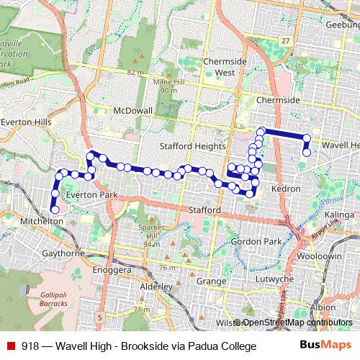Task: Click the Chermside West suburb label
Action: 225,67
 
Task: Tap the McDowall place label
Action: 134,112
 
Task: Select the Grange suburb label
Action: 211,281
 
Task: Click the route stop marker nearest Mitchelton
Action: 54,210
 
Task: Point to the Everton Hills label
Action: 26,122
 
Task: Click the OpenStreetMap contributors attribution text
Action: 297,323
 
